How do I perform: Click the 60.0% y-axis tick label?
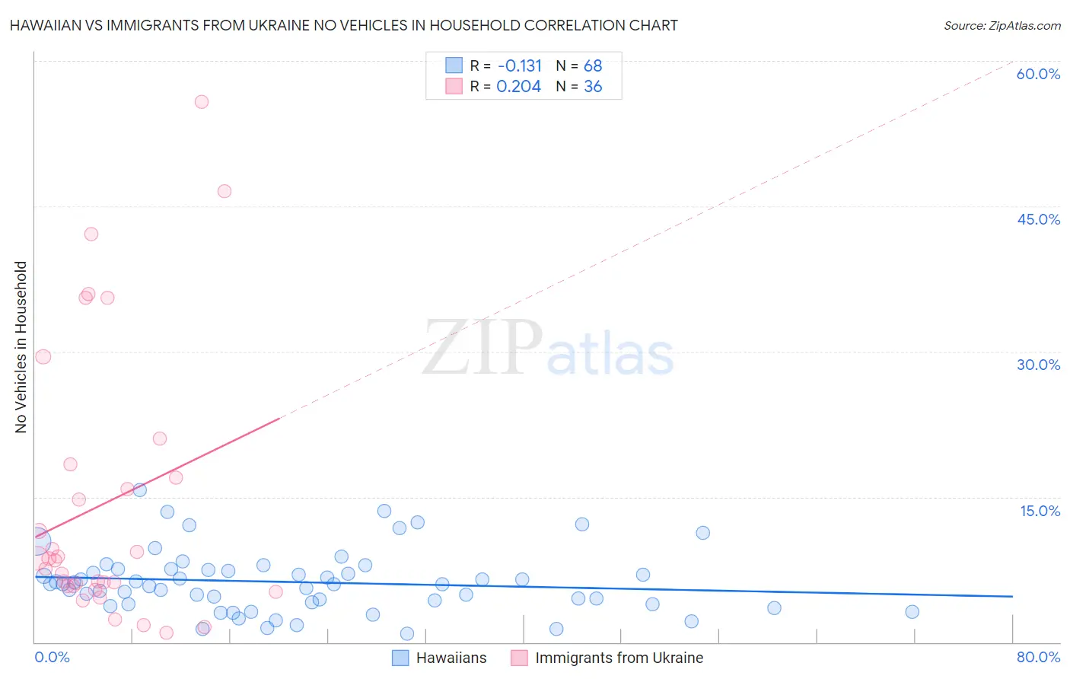point(1038,74)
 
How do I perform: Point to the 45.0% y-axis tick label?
point(1038,219)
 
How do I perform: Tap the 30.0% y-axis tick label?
point(1038,365)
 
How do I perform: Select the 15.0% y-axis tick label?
point(1040,511)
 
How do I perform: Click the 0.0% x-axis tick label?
point(53,658)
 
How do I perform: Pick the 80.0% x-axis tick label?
point(1038,658)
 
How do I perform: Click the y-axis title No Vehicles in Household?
point(21,347)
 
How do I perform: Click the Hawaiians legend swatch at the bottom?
point(401,658)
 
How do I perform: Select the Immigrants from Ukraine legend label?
point(619,658)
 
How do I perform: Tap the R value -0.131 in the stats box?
point(519,66)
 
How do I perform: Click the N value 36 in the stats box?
point(593,87)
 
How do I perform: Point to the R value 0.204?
point(518,87)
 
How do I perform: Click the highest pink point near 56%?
point(202,102)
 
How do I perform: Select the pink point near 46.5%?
point(225,191)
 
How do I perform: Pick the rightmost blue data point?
point(912,612)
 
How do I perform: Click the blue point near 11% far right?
point(702,533)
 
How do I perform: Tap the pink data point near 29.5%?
point(43,356)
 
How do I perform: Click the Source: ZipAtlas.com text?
point(1002,26)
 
